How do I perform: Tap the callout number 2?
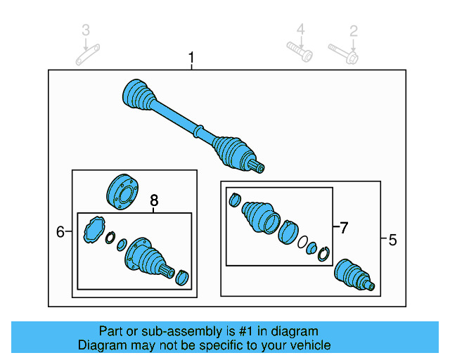(354, 30)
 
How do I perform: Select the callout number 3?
(86, 30)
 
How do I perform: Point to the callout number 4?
(300, 30)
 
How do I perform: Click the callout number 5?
(392, 240)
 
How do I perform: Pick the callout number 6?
(60, 231)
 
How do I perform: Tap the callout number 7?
(343, 228)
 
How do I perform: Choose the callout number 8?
(155, 202)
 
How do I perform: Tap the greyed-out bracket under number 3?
(88, 53)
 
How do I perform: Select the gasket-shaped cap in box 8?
(92, 231)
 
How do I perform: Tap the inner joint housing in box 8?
(147, 258)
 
